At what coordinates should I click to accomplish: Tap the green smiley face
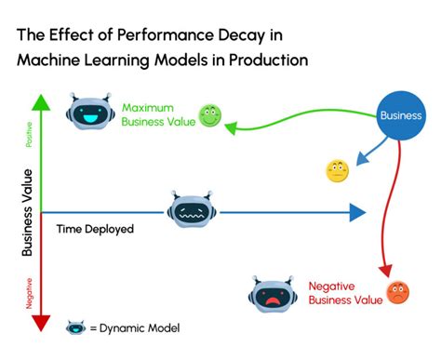click(210, 116)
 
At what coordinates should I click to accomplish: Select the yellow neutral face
click(336, 171)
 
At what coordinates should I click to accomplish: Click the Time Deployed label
click(95, 228)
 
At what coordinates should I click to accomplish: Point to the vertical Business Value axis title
click(27, 212)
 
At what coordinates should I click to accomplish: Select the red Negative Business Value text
click(345, 292)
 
